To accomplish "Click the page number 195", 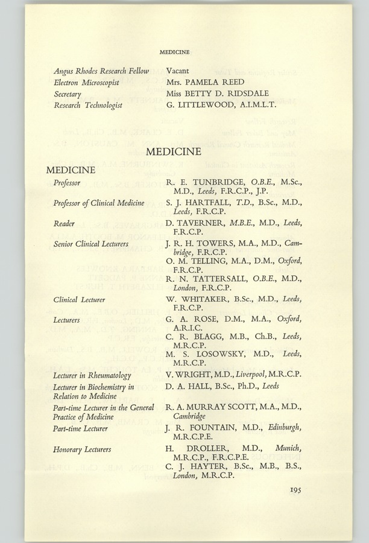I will tap(294, 490).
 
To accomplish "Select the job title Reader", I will tap(64, 223).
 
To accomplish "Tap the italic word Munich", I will tap(288, 449).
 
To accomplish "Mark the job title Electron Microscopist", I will tap(88, 82).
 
